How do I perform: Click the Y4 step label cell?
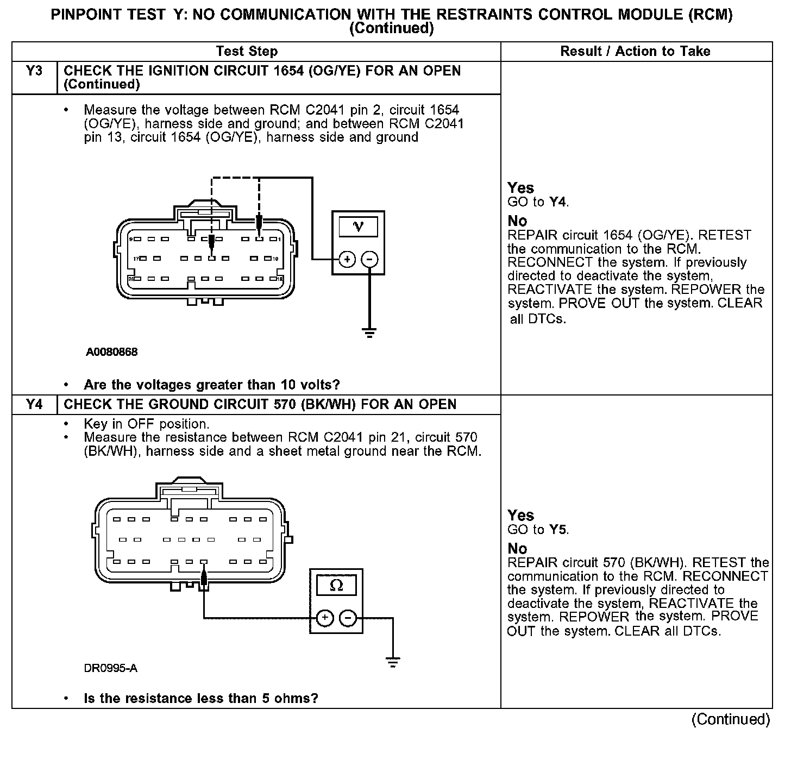pyautogui.click(x=34, y=405)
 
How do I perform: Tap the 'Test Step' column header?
pyautogui.click(x=247, y=52)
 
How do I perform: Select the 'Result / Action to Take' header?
pyautogui.click(x=635, y=52)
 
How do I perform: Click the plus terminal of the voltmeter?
pyautogui.click(x=347, y=260)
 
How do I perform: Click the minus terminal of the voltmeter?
pyautogui.click(x=370, y=260)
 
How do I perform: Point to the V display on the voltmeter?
pyautogui.click(x=358, y=226)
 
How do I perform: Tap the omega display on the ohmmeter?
pyautogui.click(x=336, y=585)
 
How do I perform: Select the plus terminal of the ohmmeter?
pyautogui.click(x=324, y=618)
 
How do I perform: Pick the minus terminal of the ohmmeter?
pyautogui.click(x=348, y=618)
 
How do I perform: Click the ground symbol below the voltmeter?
pyautogui.click(x=370, y=333)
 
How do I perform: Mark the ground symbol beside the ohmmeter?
pyautogui.click(x=392, y=662)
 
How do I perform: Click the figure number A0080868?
pyautogui.click(x=111, y=352)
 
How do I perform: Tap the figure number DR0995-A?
pyautogui.click(x=110, y=668)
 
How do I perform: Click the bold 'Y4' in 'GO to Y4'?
pyautogui.click(x=558, y=203)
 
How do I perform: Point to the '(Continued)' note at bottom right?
pyautogui.click(x=731, y=720)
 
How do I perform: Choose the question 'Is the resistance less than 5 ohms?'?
pyautogui.click(x=201, y=699)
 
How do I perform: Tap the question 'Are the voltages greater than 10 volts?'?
pyautogui.click(x=212, y=385)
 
